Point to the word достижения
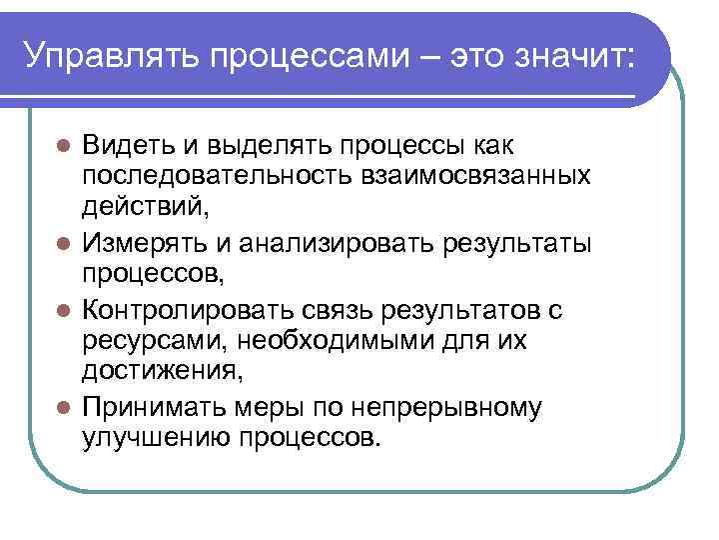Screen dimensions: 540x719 click(162, 374)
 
